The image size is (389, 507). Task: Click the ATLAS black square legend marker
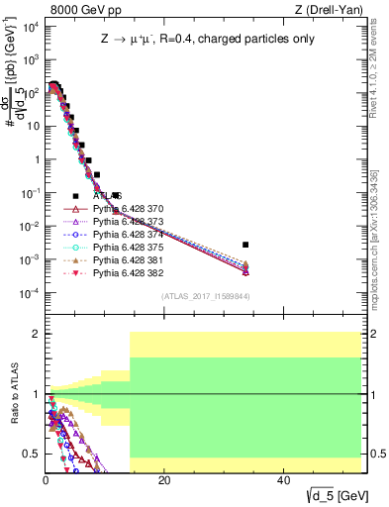[75, 196]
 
